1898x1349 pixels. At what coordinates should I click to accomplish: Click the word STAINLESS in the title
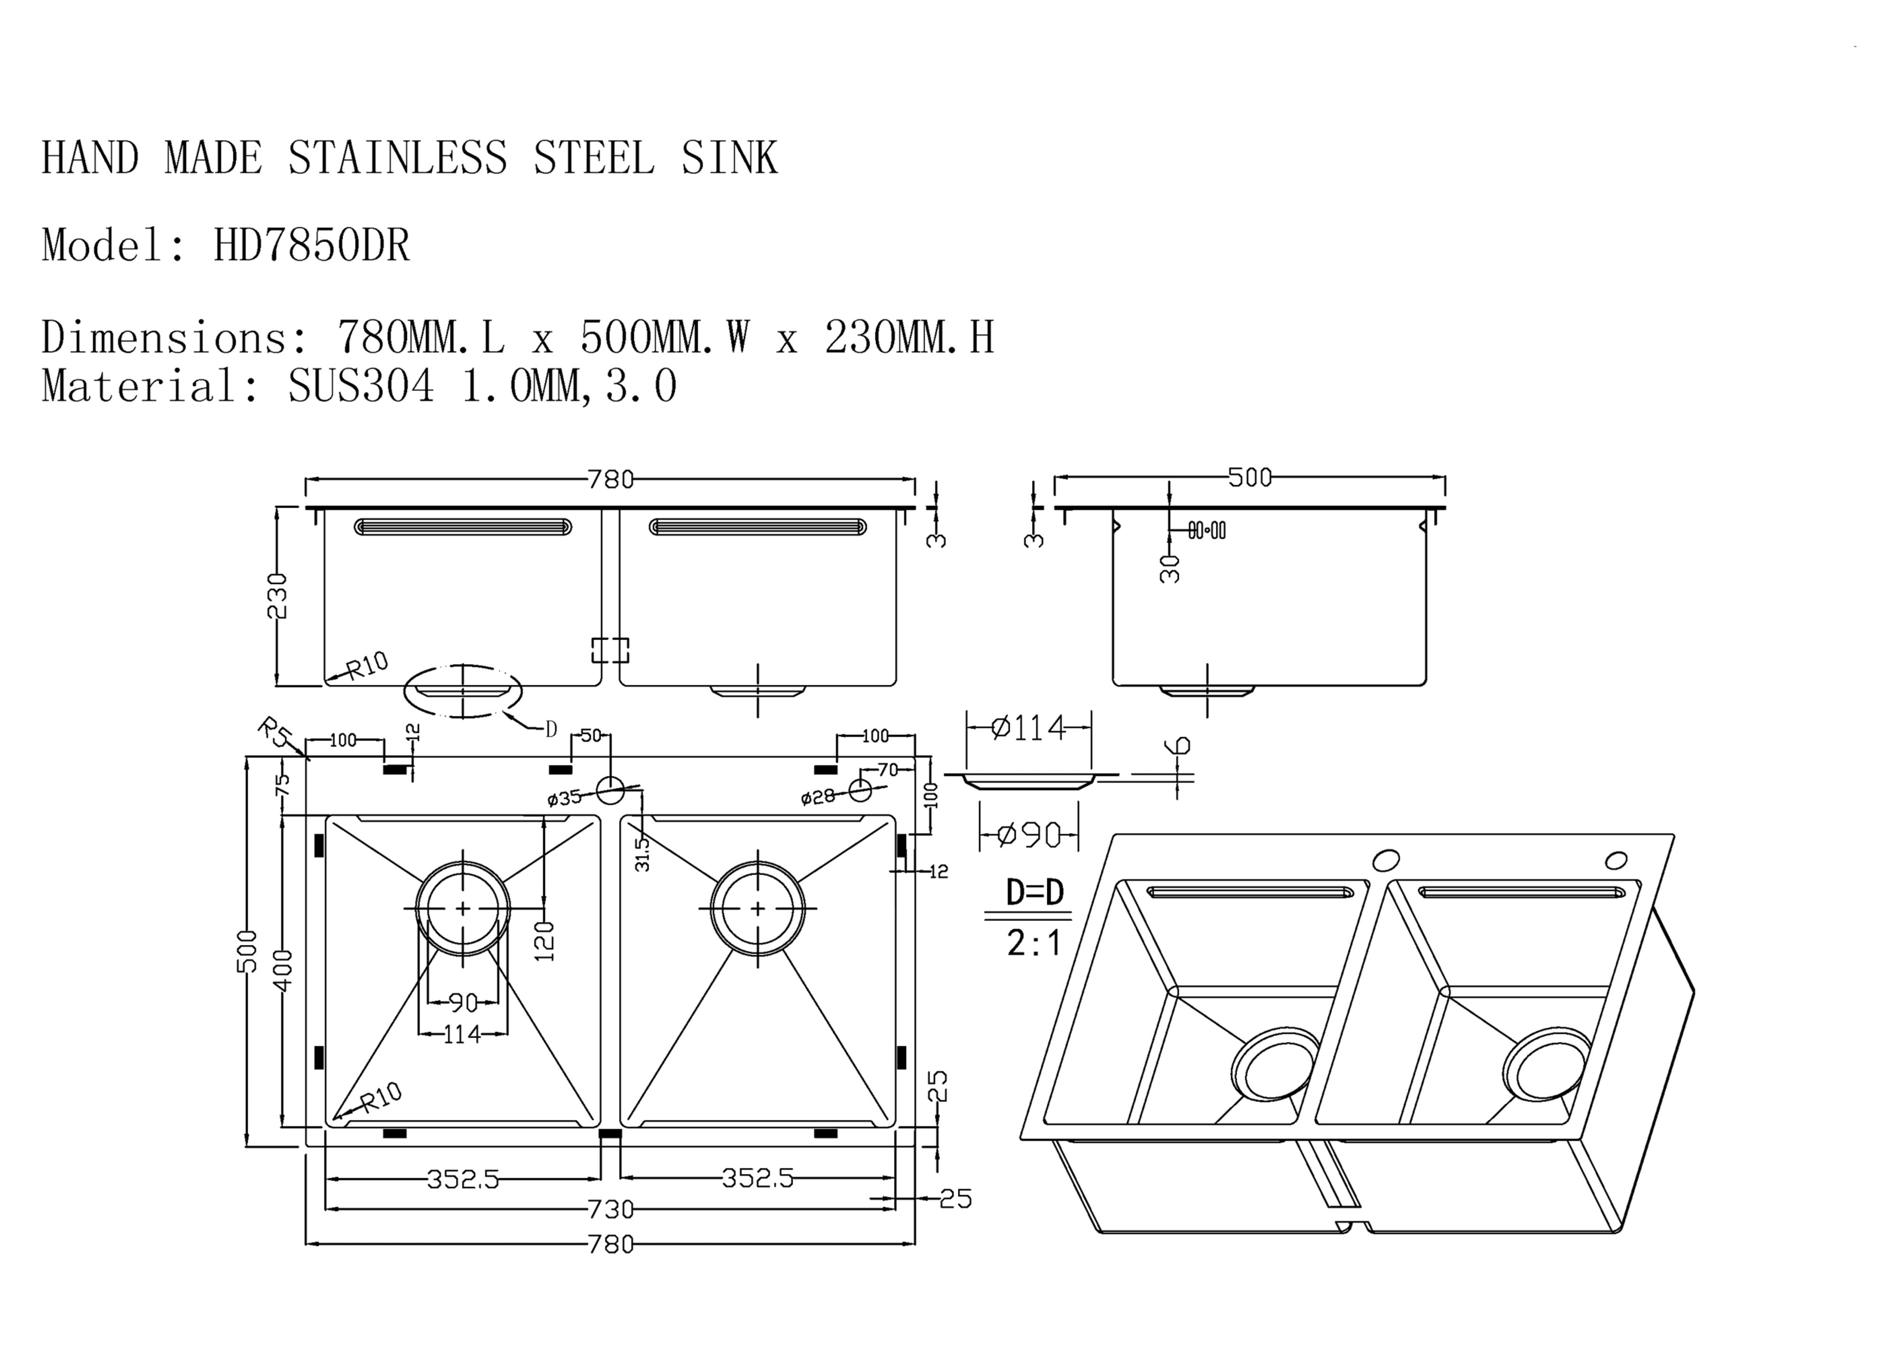(397, 158)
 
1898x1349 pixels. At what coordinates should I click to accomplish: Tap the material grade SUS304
(361, 386)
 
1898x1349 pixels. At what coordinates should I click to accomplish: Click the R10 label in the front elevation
(366, 665)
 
